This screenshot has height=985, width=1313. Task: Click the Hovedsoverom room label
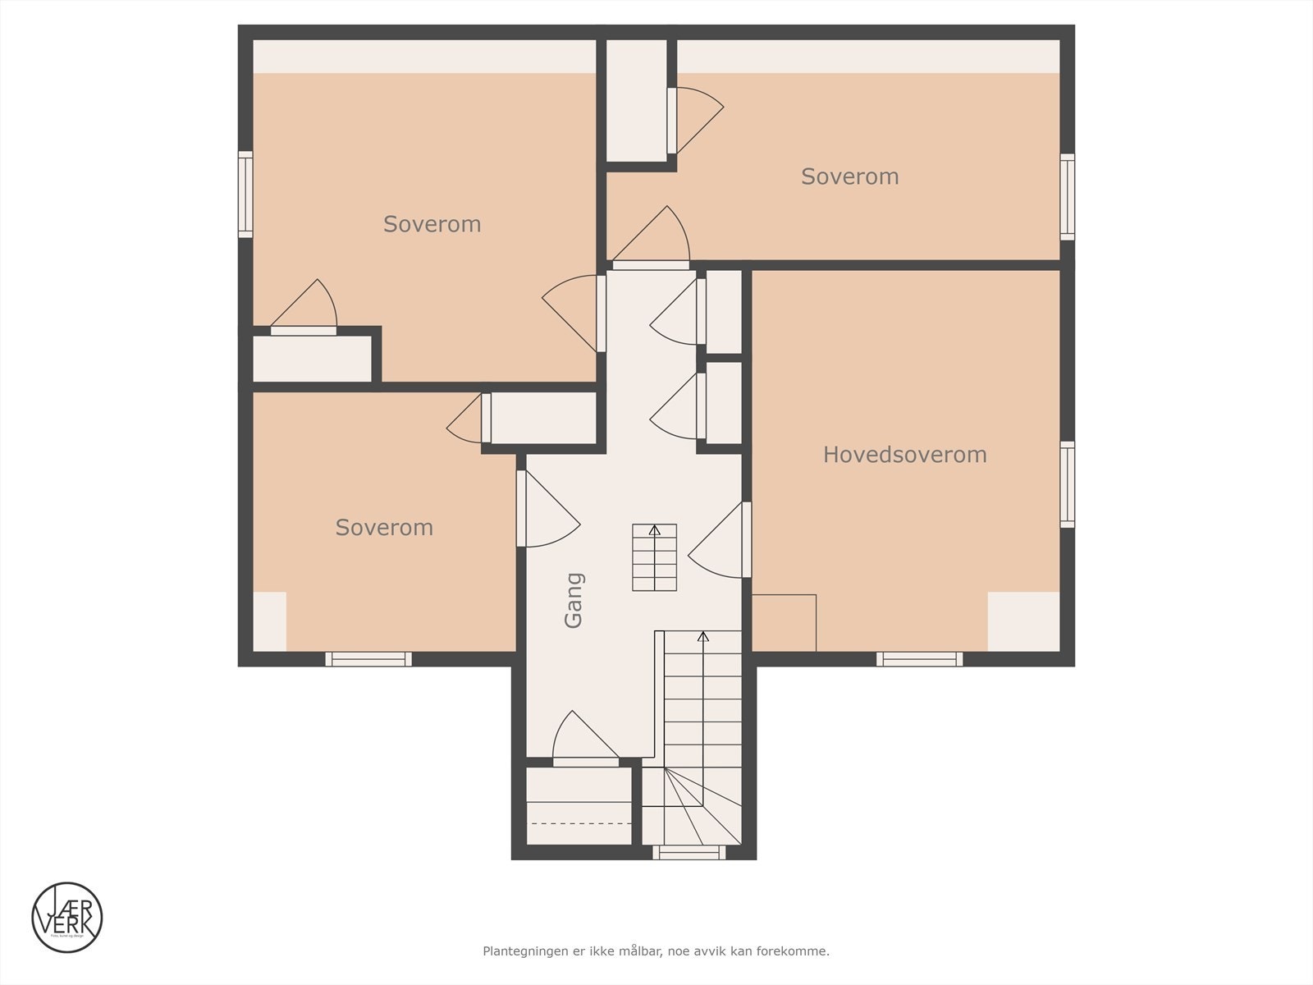(x=904, y=455)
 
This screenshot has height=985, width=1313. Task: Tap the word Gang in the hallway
(x=574, y=600)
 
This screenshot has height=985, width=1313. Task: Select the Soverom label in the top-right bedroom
(x=849, y=176)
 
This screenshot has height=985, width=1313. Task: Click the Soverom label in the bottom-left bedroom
(x=384, y=527)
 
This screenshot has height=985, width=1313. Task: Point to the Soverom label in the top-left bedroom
(x=432, y=224)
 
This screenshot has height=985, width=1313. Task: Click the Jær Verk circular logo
(x=67, y=917)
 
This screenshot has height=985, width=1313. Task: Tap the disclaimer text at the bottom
(x=656, y=951)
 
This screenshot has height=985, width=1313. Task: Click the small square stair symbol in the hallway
(x=654, y=557)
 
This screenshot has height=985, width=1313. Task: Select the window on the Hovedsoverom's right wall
(x=1067, y=484)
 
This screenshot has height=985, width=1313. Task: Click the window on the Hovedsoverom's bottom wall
(x=919, y=658)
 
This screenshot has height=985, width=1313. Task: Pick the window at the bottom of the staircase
(x=689, y=853)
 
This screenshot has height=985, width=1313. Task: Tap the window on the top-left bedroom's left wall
(x=245, y=195)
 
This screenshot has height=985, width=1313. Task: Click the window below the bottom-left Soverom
(x=368, y=658)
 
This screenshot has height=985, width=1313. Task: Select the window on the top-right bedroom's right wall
(x=1067, y=197)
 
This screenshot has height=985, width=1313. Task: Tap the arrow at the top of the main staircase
(x=702, y=636)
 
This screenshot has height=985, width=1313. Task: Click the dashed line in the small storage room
(x=579, y=822)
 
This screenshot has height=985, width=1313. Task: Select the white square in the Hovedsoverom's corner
(x=1023, y=621)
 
